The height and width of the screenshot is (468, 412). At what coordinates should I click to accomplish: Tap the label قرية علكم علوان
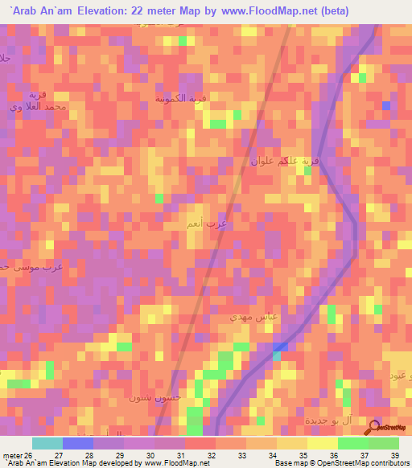click(x=285, y=161)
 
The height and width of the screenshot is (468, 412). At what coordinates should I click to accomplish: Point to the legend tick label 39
click(x=393, y=454)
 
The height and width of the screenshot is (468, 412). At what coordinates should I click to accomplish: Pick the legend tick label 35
click(x=303, y=454)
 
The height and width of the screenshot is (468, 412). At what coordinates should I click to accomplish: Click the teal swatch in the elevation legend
click(x=47, y=443)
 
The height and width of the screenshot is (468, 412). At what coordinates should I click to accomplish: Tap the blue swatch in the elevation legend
click(x=78, y=443)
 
